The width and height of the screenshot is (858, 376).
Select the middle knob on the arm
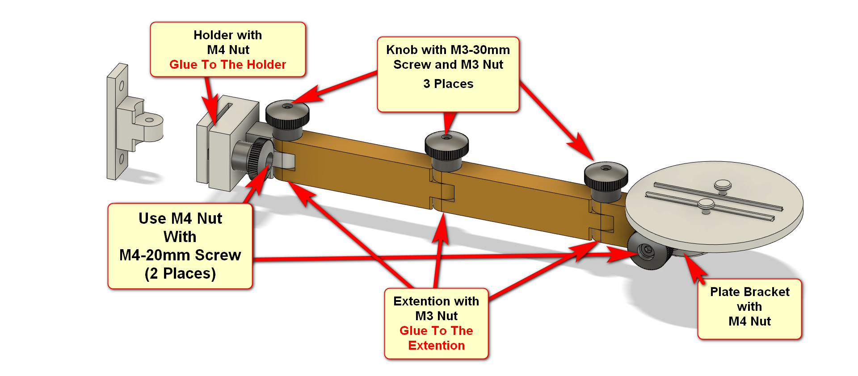446,150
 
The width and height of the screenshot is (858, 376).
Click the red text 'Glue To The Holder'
227,65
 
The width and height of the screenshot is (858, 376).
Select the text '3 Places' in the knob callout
448,84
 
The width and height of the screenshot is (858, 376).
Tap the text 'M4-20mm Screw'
180,255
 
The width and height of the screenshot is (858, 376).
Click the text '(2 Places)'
180,273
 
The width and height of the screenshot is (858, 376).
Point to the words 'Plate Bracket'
750,292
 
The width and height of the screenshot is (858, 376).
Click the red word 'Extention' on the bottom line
436,346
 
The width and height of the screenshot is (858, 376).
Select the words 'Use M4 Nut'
180,218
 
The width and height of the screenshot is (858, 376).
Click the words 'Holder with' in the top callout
227,35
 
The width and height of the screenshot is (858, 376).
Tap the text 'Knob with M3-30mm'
448,50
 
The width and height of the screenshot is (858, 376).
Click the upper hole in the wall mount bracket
121,85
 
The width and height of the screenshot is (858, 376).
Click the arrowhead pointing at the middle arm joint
441,228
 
